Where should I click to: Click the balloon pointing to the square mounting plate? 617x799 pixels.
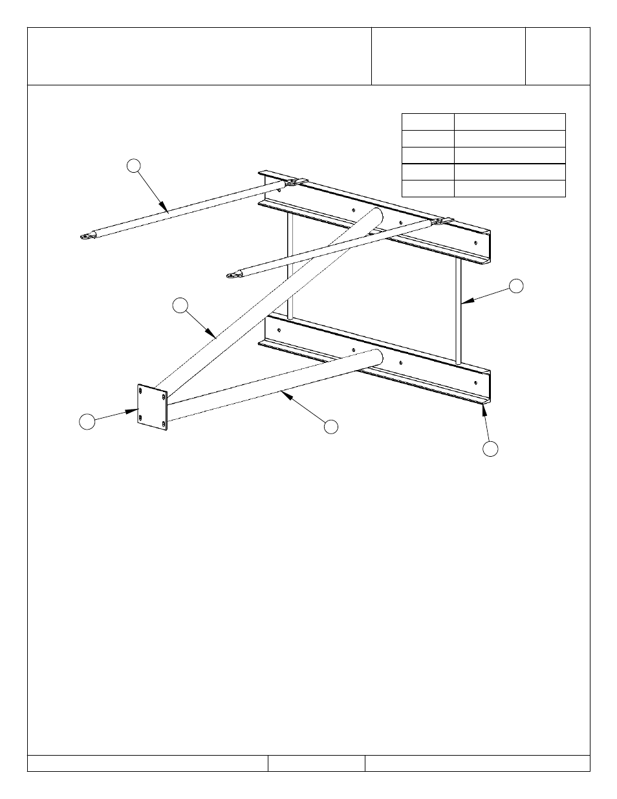87,422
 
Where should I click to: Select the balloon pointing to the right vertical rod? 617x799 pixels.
515,286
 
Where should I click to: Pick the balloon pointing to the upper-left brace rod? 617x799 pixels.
133,166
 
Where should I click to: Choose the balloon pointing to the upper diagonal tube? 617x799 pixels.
181,305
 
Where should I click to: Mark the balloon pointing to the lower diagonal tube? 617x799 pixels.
330,426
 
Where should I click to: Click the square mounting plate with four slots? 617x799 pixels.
153,408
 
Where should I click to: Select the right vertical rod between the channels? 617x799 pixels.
458,311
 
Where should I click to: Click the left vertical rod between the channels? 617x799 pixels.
290,265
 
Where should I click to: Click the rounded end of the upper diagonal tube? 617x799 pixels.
376,216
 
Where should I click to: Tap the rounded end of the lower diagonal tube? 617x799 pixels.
377,358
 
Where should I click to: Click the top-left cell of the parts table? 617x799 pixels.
428,122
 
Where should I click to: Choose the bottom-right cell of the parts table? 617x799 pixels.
509,188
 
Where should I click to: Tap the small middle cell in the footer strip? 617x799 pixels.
316,763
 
